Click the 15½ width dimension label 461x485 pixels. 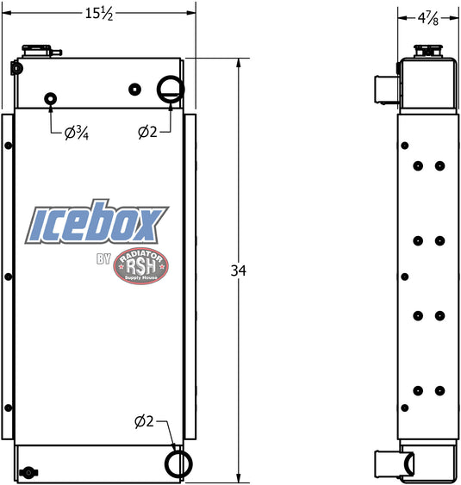click(99, 14)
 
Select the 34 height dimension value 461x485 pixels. click(239, 270)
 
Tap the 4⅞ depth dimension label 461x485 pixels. click(428, 19)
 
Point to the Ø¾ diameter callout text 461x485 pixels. click(77, 134)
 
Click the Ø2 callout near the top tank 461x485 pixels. click(147, 132)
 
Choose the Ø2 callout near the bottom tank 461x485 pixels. click(144, 421)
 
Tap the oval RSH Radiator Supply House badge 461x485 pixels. click(141, 266)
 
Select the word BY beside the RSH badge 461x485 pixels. click(103, 259)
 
